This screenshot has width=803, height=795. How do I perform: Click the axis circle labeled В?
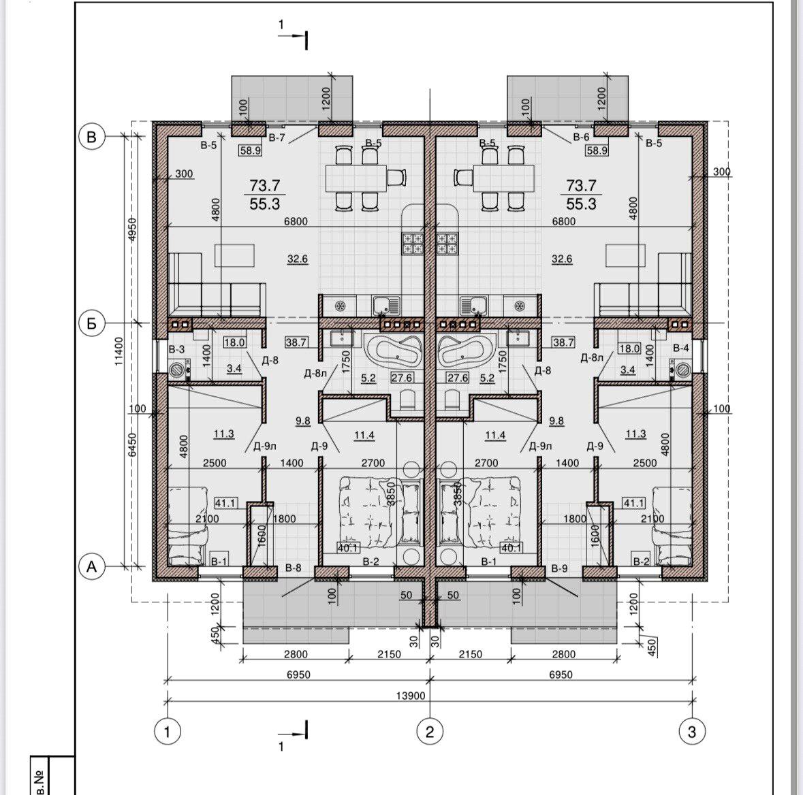92,137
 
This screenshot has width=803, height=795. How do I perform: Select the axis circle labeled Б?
92,323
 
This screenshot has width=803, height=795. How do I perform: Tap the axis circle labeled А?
92,567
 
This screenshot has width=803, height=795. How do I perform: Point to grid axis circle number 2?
430,732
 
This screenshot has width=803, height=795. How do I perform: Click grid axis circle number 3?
692,732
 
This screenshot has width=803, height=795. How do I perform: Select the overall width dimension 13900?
411,696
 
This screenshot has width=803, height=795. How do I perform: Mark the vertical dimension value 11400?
119,351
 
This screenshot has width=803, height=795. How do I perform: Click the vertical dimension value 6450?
132,444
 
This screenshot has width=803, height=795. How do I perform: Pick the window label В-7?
277,137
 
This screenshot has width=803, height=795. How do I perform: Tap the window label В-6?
581,137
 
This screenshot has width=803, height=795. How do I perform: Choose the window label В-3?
176,349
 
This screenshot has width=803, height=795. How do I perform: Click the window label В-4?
681,348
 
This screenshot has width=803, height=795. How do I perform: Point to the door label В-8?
293,567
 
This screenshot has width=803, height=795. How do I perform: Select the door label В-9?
559,568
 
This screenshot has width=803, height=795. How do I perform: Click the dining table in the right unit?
504,178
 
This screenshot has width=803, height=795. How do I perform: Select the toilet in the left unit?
408,400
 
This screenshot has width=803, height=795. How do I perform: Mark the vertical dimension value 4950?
132,229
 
